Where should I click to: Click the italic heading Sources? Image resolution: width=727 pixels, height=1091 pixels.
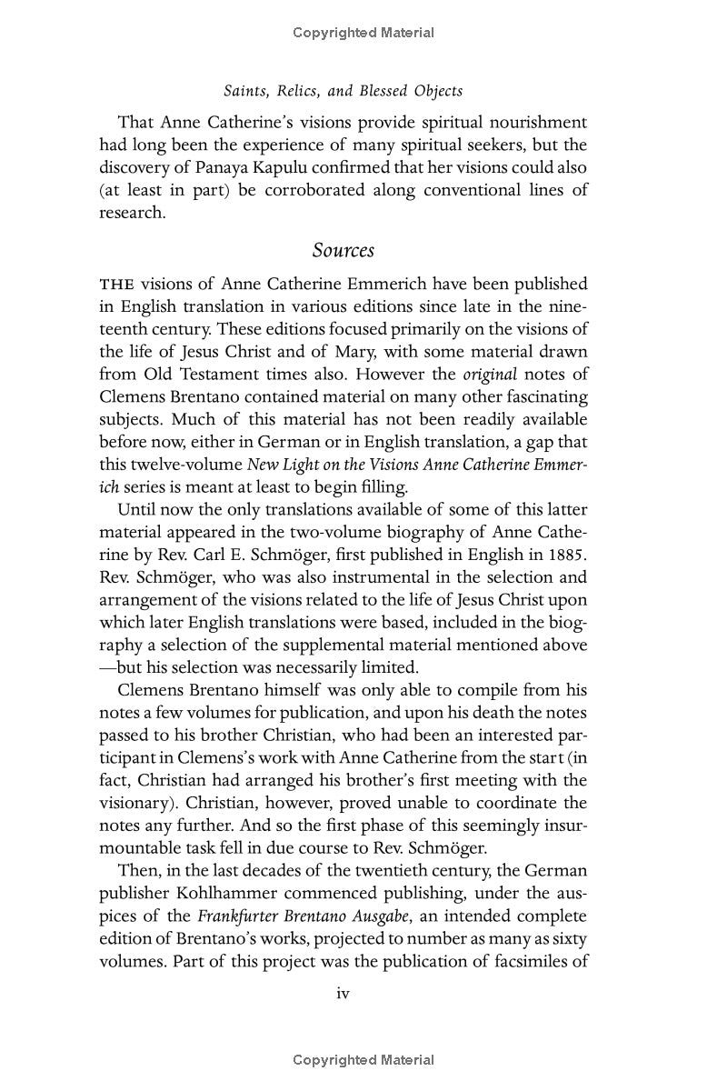[344, 250]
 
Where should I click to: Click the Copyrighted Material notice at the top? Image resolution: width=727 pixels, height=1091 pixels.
[363, 33]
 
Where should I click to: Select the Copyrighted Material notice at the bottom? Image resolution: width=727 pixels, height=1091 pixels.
[363, 1060]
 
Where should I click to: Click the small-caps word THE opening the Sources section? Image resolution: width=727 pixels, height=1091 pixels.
[116, 285]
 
